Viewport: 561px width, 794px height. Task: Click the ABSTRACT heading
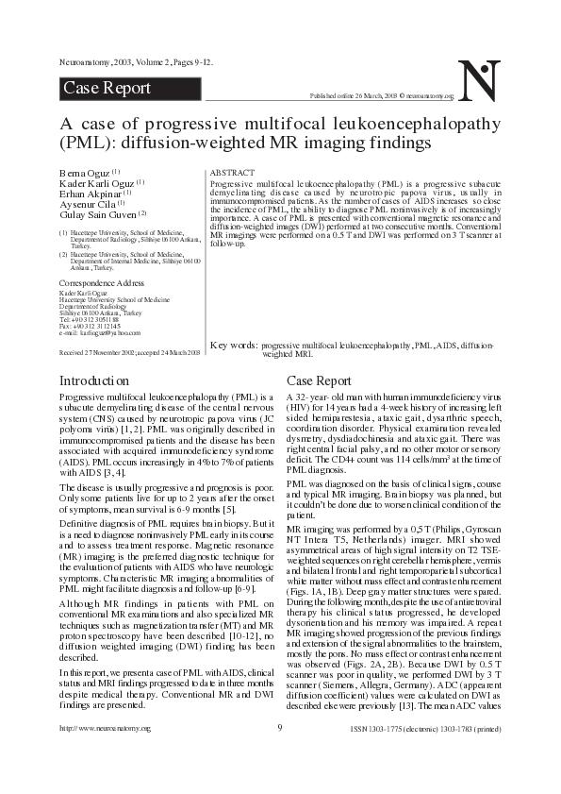231,174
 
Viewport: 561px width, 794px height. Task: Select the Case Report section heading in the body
318,380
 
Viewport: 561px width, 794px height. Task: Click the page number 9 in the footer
280,753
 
